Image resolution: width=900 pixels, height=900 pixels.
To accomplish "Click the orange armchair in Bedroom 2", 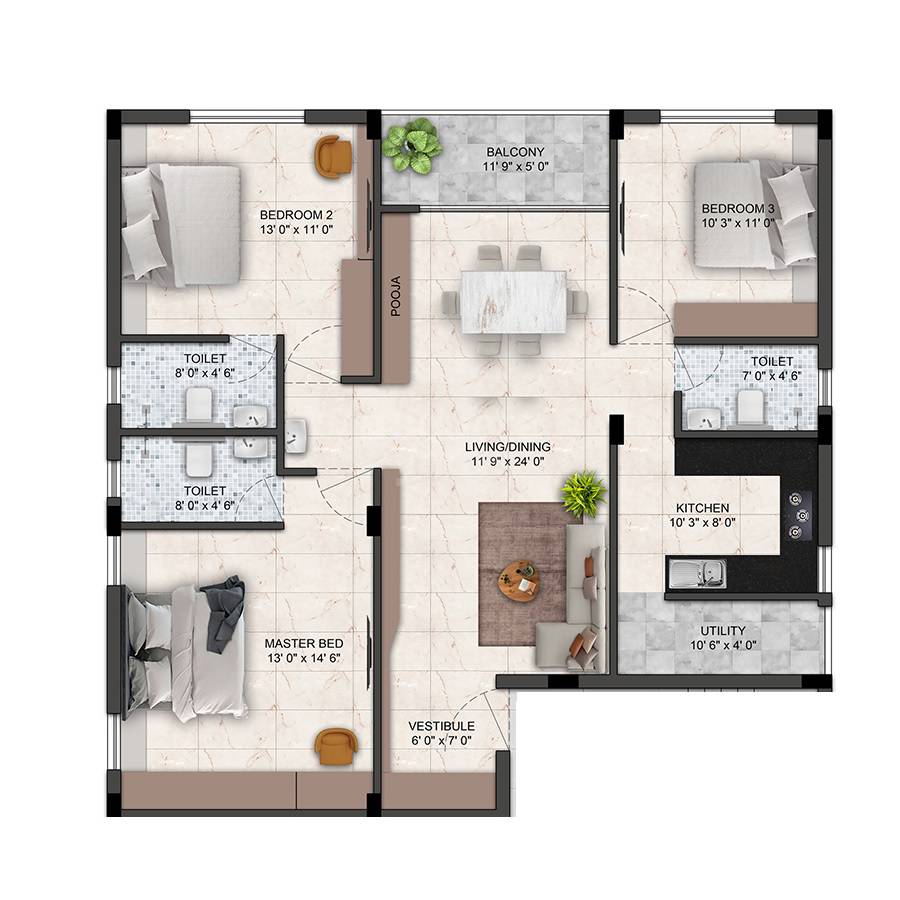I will [x=333, y=156].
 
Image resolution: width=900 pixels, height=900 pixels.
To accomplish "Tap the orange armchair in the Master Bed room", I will [x=334, y=746].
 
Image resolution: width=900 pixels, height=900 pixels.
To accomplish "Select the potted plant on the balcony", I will [x=411, y=146].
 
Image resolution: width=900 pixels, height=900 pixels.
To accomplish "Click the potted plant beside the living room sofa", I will [x=582, y=494].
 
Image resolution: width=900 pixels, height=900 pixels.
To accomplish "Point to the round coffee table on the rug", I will [x=519, y=580].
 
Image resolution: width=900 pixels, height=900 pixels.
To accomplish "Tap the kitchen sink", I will [x=698, y=573].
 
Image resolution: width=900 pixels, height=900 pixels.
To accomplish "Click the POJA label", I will [x=395, y=295].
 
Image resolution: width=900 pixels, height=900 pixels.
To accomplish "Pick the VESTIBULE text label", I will [x=441, y=726].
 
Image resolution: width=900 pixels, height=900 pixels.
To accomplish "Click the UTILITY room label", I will [x=722, y=630].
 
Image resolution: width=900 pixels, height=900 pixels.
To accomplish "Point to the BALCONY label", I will [x=510, y=151].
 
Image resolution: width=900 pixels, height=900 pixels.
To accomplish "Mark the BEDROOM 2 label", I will [x=296, y=214].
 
